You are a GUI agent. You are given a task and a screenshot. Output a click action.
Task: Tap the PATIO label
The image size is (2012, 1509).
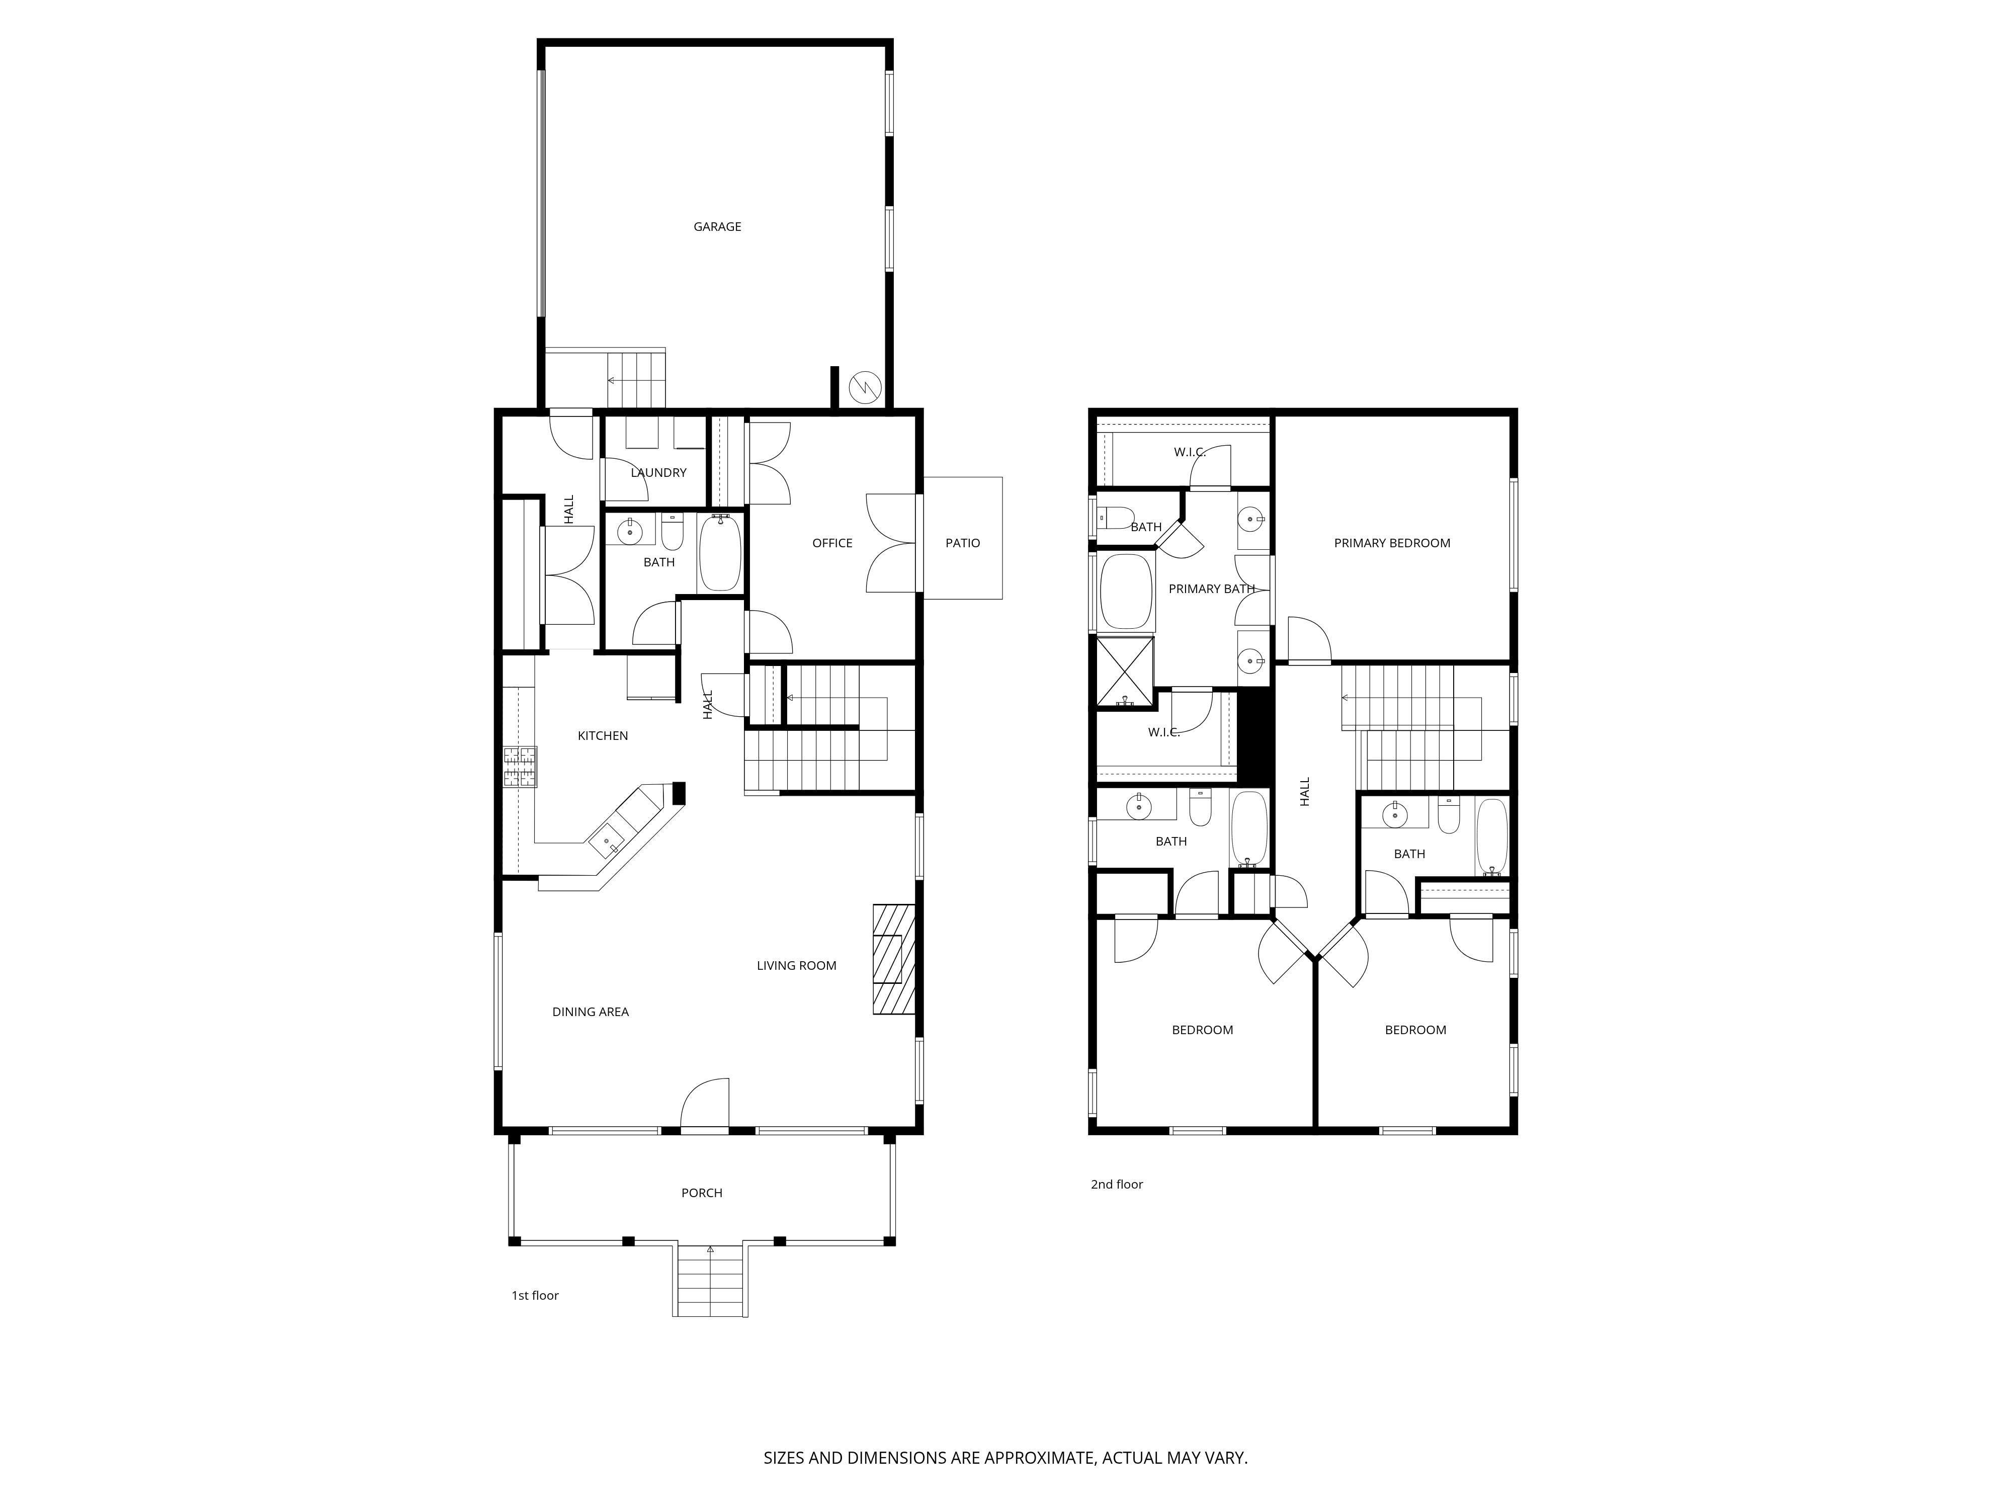[962, 543]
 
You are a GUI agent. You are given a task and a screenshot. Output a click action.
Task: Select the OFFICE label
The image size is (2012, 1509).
[832, 543]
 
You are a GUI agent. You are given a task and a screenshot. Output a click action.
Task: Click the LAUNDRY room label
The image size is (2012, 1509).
[658, 472]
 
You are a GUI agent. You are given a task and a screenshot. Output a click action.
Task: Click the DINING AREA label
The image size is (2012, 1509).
[591, 1012]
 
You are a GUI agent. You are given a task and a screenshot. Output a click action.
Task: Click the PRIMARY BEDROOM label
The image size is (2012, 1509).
[1392, 543]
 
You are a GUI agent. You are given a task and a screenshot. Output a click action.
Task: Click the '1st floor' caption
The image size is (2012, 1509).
[535, 1295]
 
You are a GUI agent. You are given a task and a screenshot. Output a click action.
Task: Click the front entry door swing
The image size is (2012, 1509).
[705, 1105]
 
